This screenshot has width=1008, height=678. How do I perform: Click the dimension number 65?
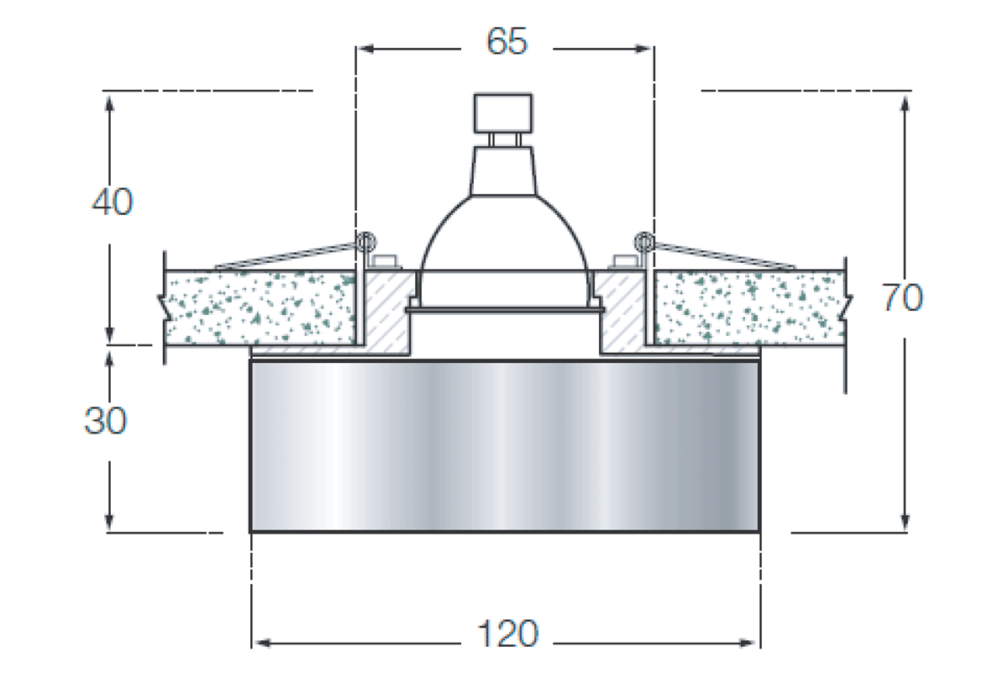click(507, 41)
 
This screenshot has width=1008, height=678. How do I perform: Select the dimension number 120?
click(507, 633)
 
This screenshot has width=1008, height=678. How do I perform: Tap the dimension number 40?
click(113, 202)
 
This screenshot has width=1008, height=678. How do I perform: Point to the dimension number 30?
click(106, 421)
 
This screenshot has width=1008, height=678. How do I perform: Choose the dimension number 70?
click(902, 297)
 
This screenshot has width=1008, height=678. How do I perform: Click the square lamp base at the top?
click(503, 113)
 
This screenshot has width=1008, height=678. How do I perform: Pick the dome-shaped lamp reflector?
click(504, 234)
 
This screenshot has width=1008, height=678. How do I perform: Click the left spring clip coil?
click(365, 242)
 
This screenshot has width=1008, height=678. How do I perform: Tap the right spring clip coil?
click(644, 242)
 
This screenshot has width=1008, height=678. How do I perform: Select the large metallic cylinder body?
click(506, 446)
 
